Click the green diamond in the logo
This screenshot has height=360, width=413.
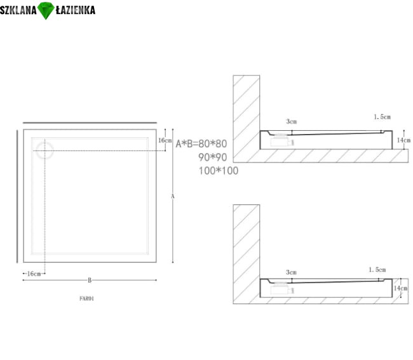pos(46,10)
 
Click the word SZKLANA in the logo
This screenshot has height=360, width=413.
pos(18,10)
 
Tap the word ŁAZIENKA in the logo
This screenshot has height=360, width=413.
pos(76,10)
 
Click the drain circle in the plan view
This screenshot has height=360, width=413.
pos(44,150)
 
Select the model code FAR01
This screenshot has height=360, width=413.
pos(86,298)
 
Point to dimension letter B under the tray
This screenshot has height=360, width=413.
pos(90,280)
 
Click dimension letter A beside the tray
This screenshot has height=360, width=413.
pos(173,196)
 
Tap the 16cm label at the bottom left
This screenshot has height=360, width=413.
pos(34,274)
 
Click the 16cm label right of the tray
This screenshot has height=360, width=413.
pos(165,140)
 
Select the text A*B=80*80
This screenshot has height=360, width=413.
pos(201,143)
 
